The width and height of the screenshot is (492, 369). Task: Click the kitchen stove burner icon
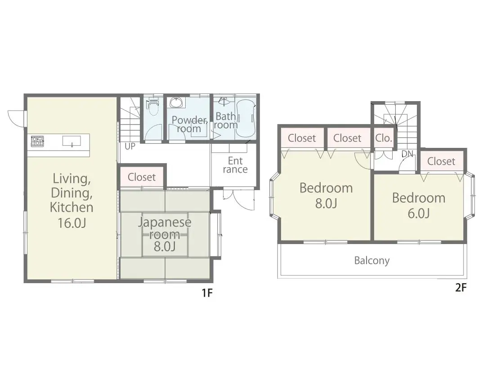(37, 141)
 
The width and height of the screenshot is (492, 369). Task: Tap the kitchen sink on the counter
(72, 141)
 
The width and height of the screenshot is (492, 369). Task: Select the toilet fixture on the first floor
(153, 107)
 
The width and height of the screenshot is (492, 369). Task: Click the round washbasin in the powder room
(176, 102)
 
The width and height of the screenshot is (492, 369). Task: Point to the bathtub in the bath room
(246, 119)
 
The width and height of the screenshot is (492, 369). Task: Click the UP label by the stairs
(130, 147)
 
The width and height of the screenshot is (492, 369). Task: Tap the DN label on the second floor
(407, 154)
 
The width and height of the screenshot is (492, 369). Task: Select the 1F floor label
(207, 293)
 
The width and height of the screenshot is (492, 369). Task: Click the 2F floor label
(461, 288)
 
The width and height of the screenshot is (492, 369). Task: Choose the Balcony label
(372, 261)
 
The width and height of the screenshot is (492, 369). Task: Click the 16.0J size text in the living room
(72, 223)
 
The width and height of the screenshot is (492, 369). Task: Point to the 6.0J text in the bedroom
(419, 213)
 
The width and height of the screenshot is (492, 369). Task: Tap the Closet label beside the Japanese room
(142, 177)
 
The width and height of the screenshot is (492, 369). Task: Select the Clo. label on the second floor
(384, 138)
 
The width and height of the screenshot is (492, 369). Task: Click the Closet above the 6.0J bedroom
(441, 161)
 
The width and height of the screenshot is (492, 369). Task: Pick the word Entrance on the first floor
(235, 165)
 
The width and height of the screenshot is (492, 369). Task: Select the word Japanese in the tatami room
(165, 222)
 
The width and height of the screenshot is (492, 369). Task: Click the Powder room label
(189, 124)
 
